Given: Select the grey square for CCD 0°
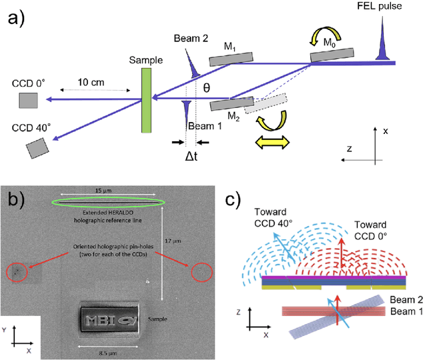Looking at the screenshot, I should [28, 100].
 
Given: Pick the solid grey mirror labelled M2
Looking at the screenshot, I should [232, 105].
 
